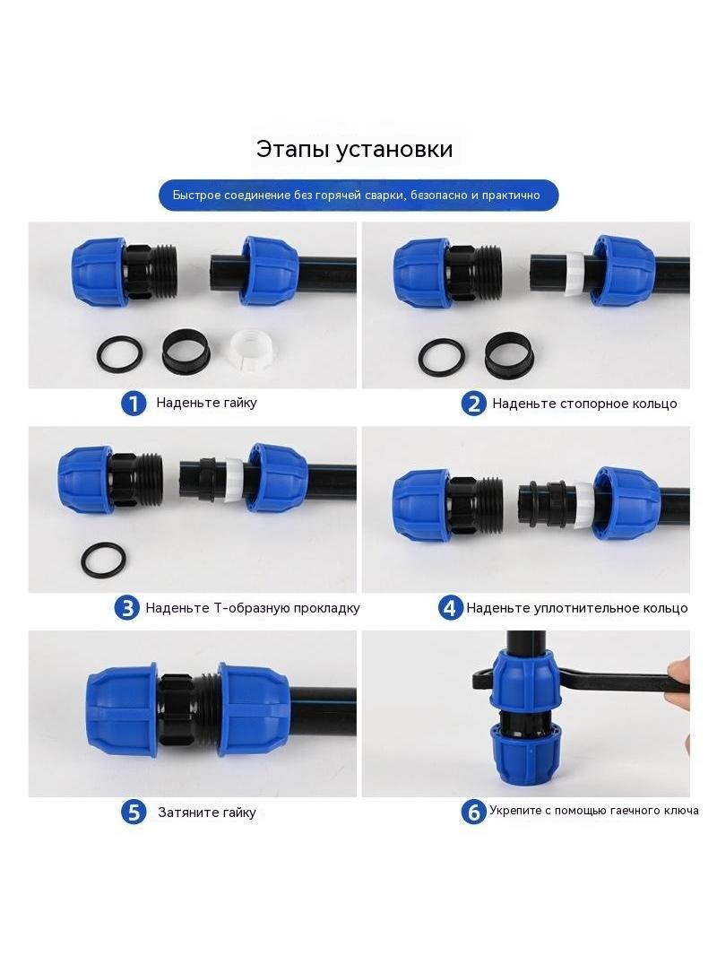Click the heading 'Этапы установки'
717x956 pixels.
[354, 149]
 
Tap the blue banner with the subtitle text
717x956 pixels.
[358, 196]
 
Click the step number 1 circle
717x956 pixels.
[134, 403]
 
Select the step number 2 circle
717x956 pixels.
[473, 404]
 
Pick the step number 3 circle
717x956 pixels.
[127, 608]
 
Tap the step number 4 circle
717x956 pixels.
[450, 608]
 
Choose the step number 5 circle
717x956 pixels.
[134, 813]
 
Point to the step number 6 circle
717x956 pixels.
[473, 813]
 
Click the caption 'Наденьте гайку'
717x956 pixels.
[206, 403]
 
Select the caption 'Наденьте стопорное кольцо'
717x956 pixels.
[584, 404]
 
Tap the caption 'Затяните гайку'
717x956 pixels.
[207, 813]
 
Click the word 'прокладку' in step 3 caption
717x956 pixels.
[326, 608]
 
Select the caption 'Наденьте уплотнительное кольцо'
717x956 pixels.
[577, 608]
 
